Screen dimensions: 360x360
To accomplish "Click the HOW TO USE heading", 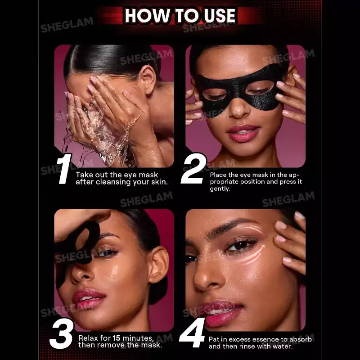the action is [x=180, y=16].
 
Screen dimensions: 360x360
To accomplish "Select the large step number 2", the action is [x=193, y=168].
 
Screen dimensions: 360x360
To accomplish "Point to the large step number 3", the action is [x=62, y=333].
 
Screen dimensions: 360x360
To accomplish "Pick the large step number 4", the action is [x=193, y=333].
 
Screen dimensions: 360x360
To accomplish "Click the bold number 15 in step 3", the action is [x=117, y=338].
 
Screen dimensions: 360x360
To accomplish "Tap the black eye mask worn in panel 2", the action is [x=240, y=88].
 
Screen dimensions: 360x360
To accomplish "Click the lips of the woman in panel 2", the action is [x=243, y=133].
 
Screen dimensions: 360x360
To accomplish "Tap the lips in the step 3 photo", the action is [x=88, y=298].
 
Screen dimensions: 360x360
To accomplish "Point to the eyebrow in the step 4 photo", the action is [x=229, y=226].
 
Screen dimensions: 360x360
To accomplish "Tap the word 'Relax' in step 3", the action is [x=89, y=338].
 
